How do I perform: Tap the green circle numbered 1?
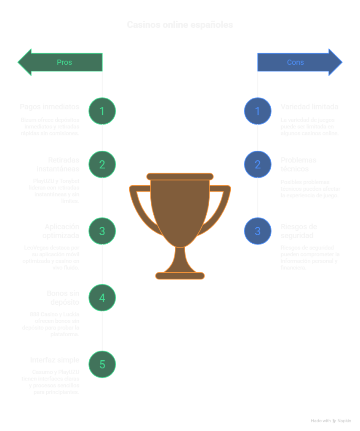coord(102,111)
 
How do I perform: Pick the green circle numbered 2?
coord(102,164)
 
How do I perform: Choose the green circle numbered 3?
coord(102,231)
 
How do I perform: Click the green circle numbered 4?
coord(102,298)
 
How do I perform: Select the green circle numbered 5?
coord(102,364)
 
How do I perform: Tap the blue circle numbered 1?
coord(258,111)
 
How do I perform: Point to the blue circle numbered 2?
coord(258,164)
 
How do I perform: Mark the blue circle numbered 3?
coord(258,231)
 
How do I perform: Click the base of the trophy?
coord(180,276)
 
